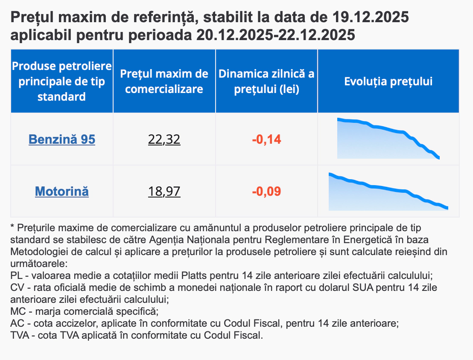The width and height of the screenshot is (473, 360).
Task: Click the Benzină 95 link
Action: pyautogui.click(x=62, y=139)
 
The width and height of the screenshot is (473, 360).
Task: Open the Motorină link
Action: pyautogui.click(x=62, y=192)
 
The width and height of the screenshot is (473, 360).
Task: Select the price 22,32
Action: pyautogui.click(x=164, y=139)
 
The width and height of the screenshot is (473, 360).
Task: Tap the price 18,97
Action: pyautogui.click(x=164, y=192)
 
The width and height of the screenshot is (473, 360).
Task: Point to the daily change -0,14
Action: pyautogui.click(x=266, y=139)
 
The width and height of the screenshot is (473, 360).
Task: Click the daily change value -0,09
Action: pyautogui.click(x=266, y=192)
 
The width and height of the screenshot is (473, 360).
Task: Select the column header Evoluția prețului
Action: pyautogui.click(x=388, y=81)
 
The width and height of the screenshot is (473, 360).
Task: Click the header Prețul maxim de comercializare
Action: pyautogui.click(x=164, y=81)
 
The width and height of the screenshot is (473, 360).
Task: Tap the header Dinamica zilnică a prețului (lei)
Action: pyautogui.click(x=266, y=81)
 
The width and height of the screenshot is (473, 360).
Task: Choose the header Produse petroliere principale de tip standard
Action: pyautogui.click(x=62, y=81)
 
